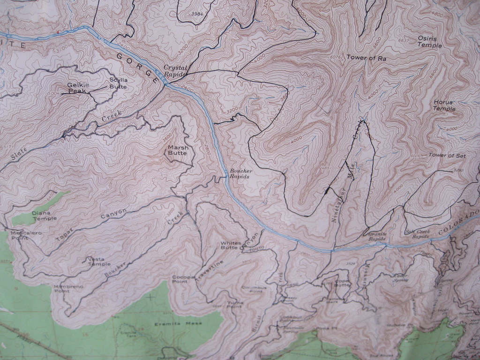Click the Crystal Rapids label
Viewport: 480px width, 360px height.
(x=175, y=70)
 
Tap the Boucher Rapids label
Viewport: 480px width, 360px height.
(x=241, y=173)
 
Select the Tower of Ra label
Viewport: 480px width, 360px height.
(x=366, y=58)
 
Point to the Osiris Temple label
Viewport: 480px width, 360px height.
(x=429, y=42)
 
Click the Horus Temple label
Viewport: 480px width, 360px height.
(x=444, y=105)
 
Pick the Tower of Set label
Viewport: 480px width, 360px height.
(x=447, y=155)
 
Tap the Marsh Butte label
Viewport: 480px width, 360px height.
(x=178, y=150)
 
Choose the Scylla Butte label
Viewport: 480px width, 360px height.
(x=118, y=83)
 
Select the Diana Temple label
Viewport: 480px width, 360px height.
(x=44, y=216)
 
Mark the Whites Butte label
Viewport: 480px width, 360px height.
(x=231, y=245)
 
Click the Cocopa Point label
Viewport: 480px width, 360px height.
(x=183, y=279)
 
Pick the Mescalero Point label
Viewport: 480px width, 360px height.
(x=26, y=235)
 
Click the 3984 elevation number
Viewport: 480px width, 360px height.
(x=198, y=14)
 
